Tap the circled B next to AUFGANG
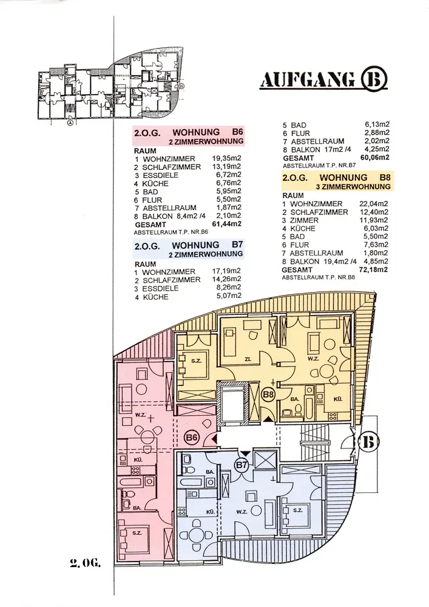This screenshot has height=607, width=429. click(x=373, y=80)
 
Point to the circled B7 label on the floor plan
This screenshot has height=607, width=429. click(x=242, y=465)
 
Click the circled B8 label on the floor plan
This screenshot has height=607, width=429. click(x=269, y=395)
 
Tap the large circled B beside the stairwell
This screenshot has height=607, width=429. click(x=370, y=441)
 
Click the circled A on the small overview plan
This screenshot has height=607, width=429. click(x=70, y=121)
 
